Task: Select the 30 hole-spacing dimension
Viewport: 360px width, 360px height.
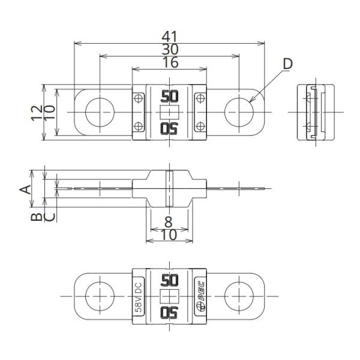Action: pyautogui.click(x=169, y=49)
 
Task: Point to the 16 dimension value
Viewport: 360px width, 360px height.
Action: pyautogui.click(x=169, y=63)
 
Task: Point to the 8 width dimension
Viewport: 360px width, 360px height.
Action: pyautogui.click(x=169, y=222)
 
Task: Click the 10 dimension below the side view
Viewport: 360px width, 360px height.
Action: pyautogui.click(x=169, y=235)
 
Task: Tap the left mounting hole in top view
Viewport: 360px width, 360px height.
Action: pyautogui.click(x=100, y=112)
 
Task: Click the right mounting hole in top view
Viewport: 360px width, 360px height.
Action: pyautogui.click(x=239, y=112)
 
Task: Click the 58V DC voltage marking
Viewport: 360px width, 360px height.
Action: pyautogui.click(x=138, y=296)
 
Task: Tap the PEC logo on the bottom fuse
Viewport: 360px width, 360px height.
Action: pyautogui.click(x=200, y=296)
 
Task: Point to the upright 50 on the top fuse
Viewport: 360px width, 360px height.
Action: pyautogui.click(x=170, y=96)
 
